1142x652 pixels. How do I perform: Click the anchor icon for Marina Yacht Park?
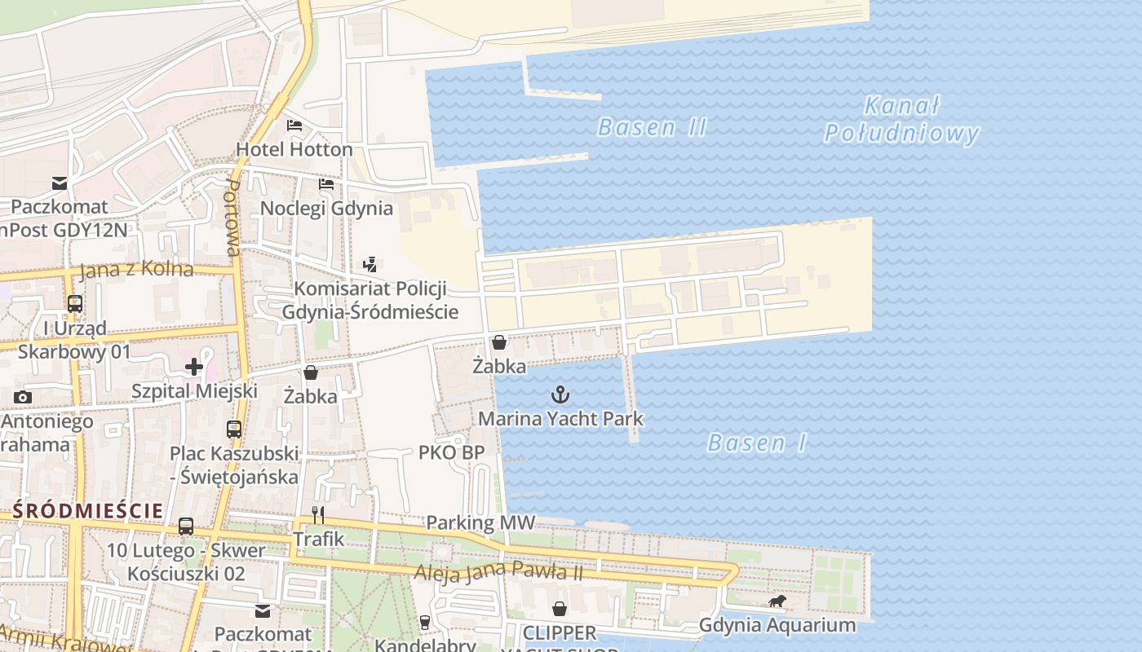(560, 396)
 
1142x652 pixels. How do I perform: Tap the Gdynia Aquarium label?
(777, 626)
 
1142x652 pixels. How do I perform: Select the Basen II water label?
(652, 127)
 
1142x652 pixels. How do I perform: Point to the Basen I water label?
(757, 443)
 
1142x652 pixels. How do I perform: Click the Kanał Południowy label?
(901, 120)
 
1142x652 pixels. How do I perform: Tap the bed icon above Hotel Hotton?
(294, 126)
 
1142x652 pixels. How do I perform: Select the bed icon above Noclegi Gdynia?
(326, 184)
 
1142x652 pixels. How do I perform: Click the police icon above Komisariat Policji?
(370, 264)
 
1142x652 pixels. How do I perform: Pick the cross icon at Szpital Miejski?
(194, 367)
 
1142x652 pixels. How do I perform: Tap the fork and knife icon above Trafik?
(318, 515)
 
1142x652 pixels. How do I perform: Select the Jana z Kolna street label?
(138, 270)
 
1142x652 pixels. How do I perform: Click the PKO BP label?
(451, 452)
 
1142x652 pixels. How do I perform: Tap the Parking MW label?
(480, 522)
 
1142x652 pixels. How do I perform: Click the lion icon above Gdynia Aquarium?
(777, 601)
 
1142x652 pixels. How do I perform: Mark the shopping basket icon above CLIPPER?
(560, 609)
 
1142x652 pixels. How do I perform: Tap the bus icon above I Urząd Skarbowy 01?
(74, 304)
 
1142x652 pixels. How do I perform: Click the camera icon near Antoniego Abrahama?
(23, 398)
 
